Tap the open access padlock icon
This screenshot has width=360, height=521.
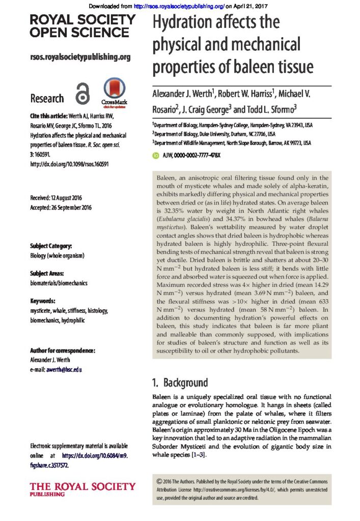point(82,95)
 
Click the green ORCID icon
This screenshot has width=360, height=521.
point(156,155)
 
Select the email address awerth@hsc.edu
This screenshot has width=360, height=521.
point(63,369)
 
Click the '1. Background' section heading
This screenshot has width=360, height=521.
point(180,383)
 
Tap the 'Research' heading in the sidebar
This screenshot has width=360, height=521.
point(47,98)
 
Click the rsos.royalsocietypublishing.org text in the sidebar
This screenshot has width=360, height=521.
point(80,57)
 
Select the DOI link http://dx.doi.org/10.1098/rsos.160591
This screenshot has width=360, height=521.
point(69,164)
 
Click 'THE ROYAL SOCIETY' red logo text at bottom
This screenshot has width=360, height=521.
point(83,486)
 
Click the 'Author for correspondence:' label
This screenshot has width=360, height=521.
point(63,351)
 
